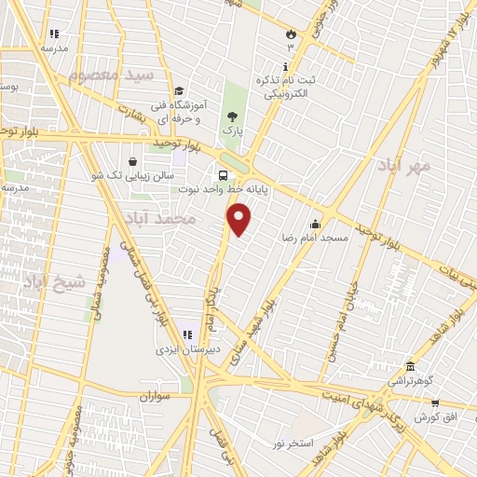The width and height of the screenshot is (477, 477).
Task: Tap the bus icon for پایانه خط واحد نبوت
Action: point(223,175)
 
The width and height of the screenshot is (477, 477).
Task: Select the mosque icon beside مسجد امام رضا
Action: point(316,224)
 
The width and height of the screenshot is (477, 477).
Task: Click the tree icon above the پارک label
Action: point(232,116)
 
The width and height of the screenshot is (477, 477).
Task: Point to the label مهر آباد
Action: point(403,165)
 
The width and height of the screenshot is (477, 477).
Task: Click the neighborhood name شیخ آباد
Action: point(55,279)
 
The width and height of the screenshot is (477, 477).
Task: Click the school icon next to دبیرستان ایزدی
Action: point(186,334)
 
